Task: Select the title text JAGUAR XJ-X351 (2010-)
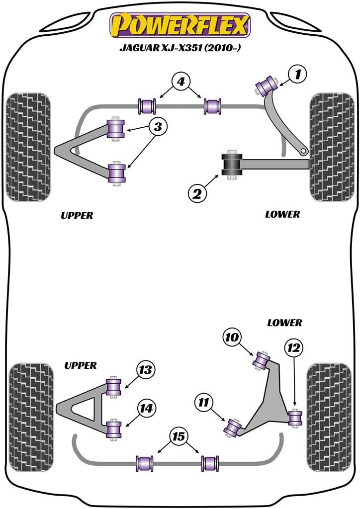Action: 180,49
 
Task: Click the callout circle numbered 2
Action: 197,193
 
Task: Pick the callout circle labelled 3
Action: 158,127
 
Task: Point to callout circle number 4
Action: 180,82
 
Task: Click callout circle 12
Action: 293,348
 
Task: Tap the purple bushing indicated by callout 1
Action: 267,85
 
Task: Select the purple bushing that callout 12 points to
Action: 296,418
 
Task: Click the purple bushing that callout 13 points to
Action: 114,387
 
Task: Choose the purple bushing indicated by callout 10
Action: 262,360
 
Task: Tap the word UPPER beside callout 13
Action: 80,365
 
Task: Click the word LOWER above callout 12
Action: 284,323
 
